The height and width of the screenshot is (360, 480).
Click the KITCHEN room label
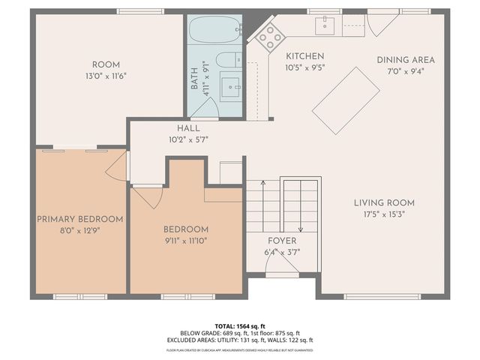(x=304, y=56)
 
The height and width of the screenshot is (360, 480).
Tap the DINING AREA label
(x=406, y=60)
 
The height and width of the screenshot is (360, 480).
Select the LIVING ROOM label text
(x=385, y=202)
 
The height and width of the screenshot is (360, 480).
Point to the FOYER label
(x=283, y=241)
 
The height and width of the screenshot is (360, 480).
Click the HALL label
(x=188, y=128)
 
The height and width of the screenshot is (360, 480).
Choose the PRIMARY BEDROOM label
(x=79, y=219)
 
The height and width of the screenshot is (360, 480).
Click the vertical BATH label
(x=194, y=79)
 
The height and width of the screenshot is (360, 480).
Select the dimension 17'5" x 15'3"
(x=385, y=214)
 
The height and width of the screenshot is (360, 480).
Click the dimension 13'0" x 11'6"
(x=106, y=76)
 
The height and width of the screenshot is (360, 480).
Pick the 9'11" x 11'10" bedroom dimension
(x=186, y=241)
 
